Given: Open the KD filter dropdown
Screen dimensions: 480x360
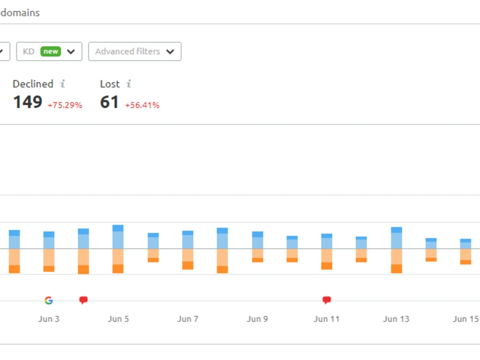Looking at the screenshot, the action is tap(49, 51).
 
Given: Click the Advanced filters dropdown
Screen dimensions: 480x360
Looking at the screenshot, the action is tap(135, 51).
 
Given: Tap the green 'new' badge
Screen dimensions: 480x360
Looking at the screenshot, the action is tap(50, 51).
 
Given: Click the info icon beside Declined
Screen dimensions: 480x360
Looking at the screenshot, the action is tap(62, 84).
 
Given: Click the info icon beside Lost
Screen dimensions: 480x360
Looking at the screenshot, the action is tap(129, 84).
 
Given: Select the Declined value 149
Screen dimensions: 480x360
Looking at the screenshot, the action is tap(27, 102).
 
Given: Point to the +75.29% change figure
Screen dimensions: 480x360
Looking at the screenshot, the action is tap(65, 105).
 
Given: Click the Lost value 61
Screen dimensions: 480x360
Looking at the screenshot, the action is tap(109, 102).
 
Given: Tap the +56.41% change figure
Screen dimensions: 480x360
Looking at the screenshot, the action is tap(143, 105).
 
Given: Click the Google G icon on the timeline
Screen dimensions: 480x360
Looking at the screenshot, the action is tap(48, 300).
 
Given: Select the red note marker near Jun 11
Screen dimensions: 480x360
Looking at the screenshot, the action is tap(326, 300).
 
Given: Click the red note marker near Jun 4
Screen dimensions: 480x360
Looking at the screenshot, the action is tap(83, 300).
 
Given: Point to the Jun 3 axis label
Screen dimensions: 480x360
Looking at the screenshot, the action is tap(48, 319).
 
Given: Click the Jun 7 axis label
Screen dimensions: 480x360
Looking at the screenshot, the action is tap(188, 319).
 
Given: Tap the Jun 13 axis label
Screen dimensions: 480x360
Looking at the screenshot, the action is tap(396, 319).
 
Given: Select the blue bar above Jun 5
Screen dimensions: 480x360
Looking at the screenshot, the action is tap(118, 237).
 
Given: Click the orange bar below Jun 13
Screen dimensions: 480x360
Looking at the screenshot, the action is tap(396, 261).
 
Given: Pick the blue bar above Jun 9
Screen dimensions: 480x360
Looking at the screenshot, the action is tap(257, 240).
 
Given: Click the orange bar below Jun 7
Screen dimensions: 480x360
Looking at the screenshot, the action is tap(188, 259).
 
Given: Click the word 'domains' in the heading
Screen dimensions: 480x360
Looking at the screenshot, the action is tap(20, 13).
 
